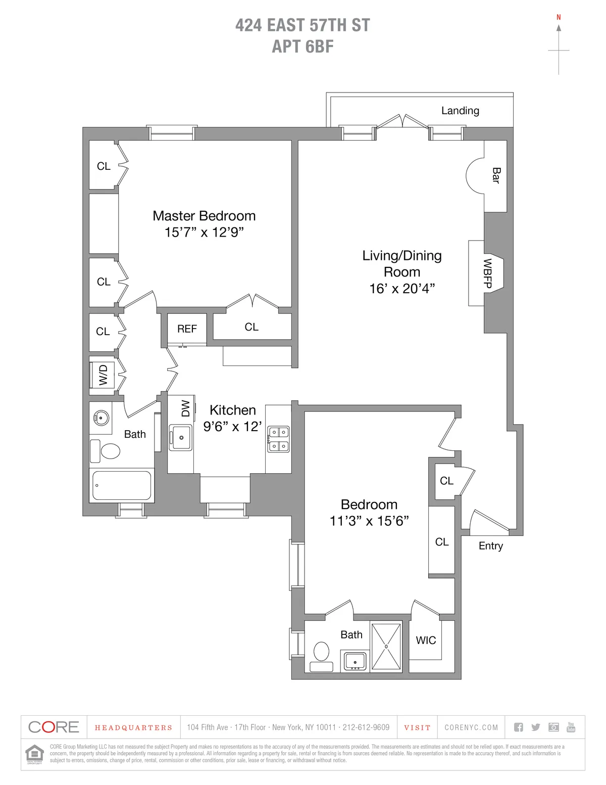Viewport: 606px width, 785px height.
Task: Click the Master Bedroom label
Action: [x=204, y=216]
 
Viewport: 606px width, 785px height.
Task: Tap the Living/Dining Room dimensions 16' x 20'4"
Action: [x=402, y=288]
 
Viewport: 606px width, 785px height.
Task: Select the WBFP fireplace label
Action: [x=487, y=273]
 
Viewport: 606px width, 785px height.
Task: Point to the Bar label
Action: [x=496, y=176]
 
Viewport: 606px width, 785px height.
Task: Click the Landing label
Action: [x=460, y=111]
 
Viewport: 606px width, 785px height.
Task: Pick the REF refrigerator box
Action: [x=187, y=329]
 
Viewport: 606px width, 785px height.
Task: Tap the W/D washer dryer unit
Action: [x=103, y=375]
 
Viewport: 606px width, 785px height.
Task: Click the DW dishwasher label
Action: [x=185, y=408]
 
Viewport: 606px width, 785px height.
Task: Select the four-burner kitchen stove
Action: [x=278, y=439]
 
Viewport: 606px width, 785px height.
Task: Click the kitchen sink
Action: [x=180, y=437]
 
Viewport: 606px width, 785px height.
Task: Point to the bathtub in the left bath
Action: [x=121, y=485]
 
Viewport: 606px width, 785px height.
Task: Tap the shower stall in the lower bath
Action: [x=386, y=647]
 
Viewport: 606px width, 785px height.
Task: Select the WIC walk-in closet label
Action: [x=426, y=640]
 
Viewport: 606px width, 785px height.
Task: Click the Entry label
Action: [x=490, y=546]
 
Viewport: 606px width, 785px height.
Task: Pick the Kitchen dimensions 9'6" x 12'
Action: [x=232, y=427]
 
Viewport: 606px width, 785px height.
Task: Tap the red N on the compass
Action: [x=559, y=17]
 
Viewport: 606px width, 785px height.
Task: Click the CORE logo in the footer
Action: [x=54, y=727]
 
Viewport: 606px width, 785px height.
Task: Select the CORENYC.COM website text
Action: [x=471, y=727]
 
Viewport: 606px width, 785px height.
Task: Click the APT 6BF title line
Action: [x=302, y=47]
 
